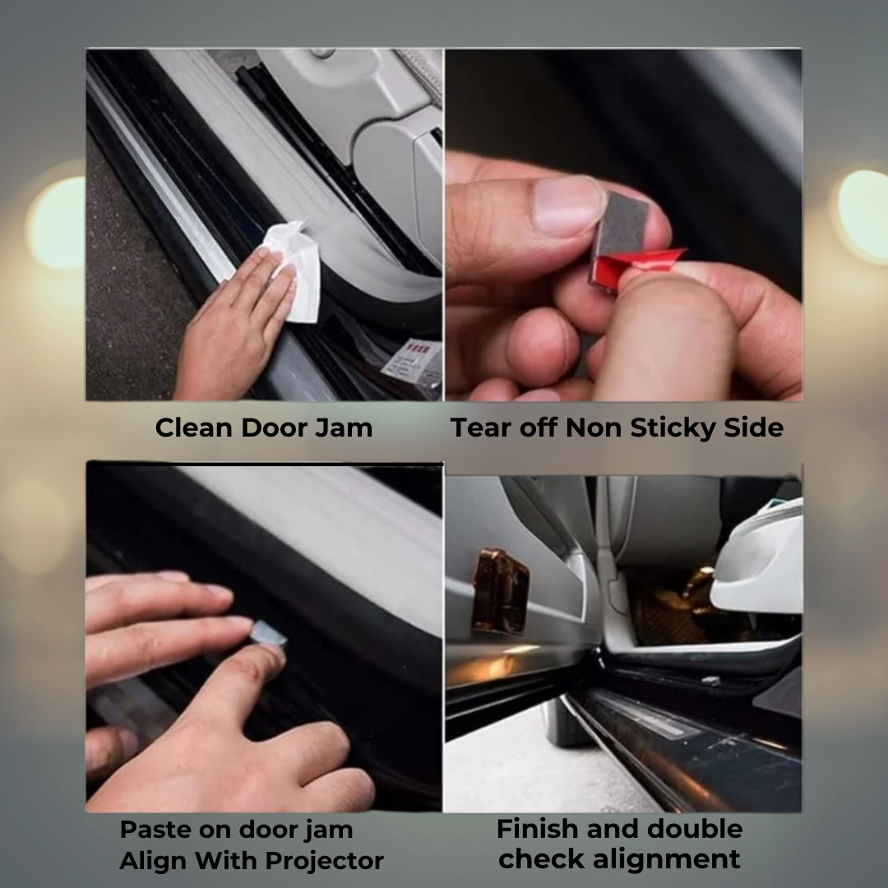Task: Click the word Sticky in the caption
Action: tap(673, 428)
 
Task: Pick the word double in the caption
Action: tap(694, 829)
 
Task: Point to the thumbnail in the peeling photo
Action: tap(569, 206)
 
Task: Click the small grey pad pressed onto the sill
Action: tap(268, 632)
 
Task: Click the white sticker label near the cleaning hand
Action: tap(413, 364)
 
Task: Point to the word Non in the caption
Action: tap(594, 428)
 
